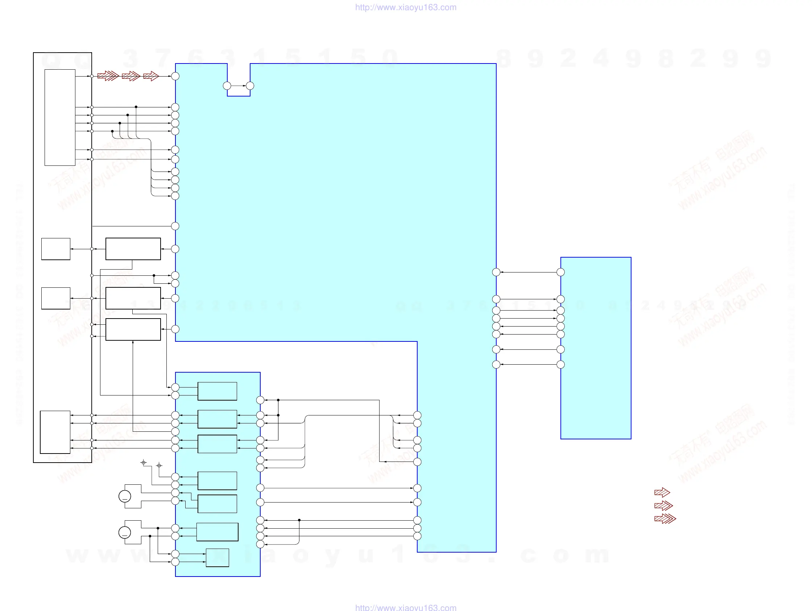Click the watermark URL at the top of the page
(406, 7)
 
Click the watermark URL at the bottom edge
(406, 607)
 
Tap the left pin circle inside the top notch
(227, 86)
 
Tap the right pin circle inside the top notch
(250, 86)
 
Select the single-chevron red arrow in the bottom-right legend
(662, 492)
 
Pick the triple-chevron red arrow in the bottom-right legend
(665, 518)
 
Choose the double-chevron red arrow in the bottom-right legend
(663, 505)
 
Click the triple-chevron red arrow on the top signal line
(108, 76)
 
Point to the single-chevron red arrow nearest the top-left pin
(151, 76)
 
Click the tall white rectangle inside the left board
(60, 118)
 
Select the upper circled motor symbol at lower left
(125, 496)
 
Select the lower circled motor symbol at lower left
(125, 532)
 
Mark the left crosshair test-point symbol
(144, 463)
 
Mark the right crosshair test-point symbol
(159, 466)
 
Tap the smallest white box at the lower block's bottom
(217, 558)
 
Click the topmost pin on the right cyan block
(560, 272)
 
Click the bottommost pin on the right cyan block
(560, 365)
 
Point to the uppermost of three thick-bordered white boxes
(133, 249)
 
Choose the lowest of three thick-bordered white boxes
(133, 329)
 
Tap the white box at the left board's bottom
(55, 432)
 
